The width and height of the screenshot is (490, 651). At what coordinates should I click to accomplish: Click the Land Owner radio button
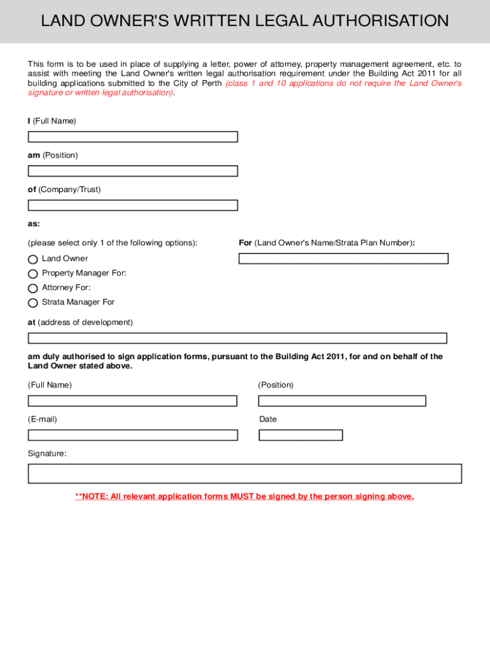(33, 259)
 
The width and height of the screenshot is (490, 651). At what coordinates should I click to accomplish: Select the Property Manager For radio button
(33, 274)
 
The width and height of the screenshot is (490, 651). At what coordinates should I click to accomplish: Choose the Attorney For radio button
(33, 289)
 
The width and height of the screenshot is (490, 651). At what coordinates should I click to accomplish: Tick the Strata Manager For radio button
(33, 303)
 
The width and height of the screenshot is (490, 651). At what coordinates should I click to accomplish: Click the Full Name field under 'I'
(132, 137)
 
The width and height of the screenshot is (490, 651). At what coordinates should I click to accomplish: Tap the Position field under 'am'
(132, 171)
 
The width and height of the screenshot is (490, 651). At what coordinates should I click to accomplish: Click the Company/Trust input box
(132, 205)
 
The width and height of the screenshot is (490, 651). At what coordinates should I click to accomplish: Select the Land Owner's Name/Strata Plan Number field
(343, 259)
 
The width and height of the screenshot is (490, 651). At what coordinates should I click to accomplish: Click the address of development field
(237, 338)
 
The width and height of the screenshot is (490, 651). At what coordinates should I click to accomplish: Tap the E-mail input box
(132, 435)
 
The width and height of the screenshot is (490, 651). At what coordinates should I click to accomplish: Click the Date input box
(300, 435)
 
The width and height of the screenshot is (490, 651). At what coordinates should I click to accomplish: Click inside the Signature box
(244, 474)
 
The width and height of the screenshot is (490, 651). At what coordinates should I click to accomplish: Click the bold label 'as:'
(34, 224)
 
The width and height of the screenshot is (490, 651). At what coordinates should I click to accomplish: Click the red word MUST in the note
(242, 497)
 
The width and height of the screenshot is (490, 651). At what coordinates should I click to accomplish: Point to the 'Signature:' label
(46, 454)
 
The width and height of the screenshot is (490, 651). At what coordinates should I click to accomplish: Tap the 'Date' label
(268, 420)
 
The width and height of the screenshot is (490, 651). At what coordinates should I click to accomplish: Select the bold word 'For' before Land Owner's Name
(245, 243)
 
